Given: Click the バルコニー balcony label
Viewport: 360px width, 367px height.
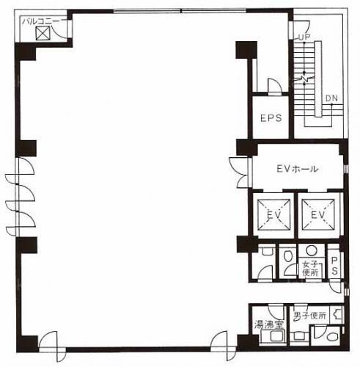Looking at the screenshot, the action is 40,21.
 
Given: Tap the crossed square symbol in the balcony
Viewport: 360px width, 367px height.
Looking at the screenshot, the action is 43,33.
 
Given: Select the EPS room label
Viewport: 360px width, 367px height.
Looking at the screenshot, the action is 271,118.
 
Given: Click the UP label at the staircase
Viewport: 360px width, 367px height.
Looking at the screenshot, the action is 304,37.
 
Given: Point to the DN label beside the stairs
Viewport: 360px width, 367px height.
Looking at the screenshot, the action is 331,98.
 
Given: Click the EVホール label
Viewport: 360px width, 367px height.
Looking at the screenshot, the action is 298,169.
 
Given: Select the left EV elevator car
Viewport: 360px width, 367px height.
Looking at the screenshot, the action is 273,214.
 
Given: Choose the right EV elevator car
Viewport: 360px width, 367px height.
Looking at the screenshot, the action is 318,214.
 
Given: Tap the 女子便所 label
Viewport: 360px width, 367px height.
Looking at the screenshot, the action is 310,269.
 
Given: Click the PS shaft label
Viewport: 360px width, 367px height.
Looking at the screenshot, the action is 334,266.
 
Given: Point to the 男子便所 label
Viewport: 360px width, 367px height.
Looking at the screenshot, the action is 309,316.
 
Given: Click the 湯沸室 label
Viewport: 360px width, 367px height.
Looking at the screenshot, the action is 269,324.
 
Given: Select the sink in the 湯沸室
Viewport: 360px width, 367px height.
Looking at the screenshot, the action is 273,336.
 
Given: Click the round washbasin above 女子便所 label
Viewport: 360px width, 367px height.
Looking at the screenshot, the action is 312,250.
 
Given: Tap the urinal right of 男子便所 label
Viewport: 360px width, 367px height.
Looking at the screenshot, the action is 337,315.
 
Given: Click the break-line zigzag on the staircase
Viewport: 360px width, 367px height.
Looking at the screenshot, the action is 304,79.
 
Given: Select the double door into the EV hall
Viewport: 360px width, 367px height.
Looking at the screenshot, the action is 240,172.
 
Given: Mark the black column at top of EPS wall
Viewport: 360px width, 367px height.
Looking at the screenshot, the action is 246,50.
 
